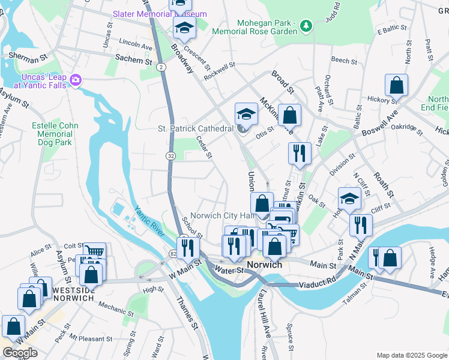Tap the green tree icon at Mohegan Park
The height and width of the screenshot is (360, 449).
coord(307,25)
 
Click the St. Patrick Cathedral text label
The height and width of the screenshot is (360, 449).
coord(195,128)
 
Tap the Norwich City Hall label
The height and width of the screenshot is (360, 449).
coord(223,216)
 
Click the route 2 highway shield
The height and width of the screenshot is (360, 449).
coord(162,67)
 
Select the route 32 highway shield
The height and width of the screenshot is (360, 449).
coord(170,156)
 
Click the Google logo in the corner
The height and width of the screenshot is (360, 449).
coord(20,353)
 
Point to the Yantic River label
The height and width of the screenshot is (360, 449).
coord(149,220)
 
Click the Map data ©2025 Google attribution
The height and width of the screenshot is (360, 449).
coord(411,355)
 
